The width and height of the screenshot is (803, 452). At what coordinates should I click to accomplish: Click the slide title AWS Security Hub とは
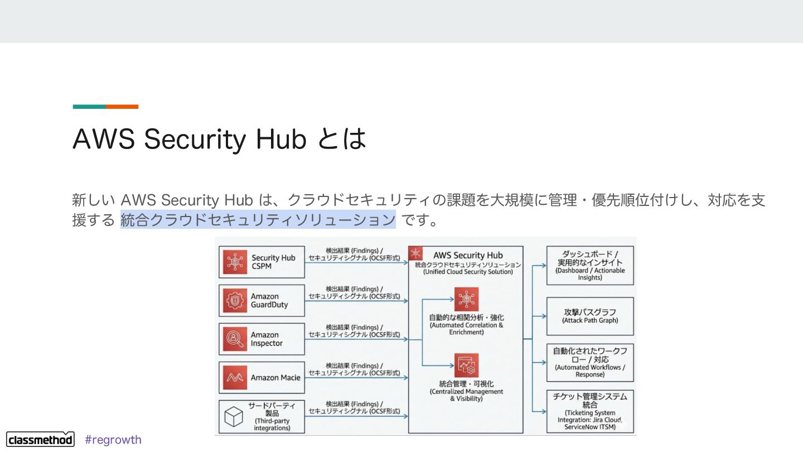(x=219, y=139)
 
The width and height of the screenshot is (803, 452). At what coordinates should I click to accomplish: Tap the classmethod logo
(x=40, y=439)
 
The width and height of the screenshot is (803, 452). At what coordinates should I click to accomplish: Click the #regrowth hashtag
(x=113, y=440)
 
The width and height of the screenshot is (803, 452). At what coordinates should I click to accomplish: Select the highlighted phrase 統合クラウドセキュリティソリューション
(x=258, y=219)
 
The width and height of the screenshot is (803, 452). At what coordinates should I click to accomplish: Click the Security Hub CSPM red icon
(x=235, y=262)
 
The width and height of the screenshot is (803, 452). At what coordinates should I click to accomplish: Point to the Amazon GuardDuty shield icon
(x=235, y=301)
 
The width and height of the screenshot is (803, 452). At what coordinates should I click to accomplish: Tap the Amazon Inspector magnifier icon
(x=235, y=339)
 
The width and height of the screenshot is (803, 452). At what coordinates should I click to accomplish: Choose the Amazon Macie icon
(x=235, y=378)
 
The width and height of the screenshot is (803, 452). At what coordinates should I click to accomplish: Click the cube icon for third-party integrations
(x=234, y=416)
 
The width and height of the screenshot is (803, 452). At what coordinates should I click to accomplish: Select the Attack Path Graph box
(x=590, y=316)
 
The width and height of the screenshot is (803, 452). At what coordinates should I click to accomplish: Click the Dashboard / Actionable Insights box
(x=590, y=266)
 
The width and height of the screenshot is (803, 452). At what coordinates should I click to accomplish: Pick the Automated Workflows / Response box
(x=590, y=362)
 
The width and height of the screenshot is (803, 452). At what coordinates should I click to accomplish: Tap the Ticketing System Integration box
(x=590, y=412)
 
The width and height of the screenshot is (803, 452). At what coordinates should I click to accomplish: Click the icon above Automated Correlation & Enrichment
(x=466, y=300)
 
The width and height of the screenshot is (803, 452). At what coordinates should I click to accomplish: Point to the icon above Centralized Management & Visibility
(x=466, y=366)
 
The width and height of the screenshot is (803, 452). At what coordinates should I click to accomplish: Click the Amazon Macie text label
(x=275, y=378)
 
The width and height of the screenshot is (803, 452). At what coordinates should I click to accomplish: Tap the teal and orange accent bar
(x=105, y=107)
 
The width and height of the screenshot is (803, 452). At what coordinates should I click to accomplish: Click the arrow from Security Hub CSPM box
(x=357, y=263)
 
